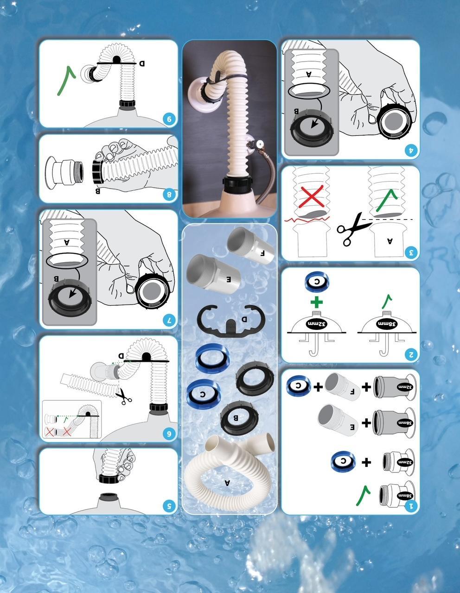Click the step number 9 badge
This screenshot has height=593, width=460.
[x=169, y=119]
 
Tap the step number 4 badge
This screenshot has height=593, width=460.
[x=411, y=150]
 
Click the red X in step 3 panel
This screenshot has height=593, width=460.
[x=312, y=197]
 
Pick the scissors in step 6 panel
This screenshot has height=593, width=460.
[x=123, y=397]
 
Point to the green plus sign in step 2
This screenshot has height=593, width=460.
[x=316, y=303]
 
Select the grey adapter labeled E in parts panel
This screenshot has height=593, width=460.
[x=213, y=273]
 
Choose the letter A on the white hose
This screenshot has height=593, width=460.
[x=227, y=483]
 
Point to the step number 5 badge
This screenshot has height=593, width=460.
[x=169, y=506]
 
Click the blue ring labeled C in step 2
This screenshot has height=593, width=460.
[x=317, y=282]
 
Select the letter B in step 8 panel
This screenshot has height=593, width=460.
[x=98, y=190]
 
